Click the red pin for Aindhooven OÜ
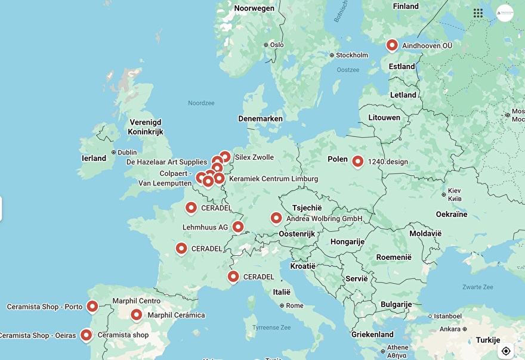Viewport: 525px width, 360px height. click(x=392, y=45)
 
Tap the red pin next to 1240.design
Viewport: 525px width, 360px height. click(x=357, y=161)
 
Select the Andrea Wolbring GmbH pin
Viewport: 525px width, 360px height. click(x=276, y=218)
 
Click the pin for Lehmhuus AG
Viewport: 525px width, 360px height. click(x=238, y=226)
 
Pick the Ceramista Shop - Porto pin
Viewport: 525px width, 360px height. click(x=92, y=306)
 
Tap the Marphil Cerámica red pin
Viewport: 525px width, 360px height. click(x=137, y=315)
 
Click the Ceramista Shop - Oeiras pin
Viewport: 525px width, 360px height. click(x=87, y=335)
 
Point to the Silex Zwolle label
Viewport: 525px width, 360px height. click(x=255, y=157)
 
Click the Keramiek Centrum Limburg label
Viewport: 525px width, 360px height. click(x=273, y=179)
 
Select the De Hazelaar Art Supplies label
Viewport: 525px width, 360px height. click(x=166, y=162)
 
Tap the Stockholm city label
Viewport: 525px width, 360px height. click(x=352, y=55)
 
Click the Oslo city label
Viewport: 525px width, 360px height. click(x=277, y=45)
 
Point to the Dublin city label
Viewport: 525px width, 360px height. click(x=127, y=153)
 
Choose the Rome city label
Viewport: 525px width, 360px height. click(x=295, y=306)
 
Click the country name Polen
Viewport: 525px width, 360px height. click(x=338, y=159)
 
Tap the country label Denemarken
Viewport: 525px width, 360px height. click(x=260, y=119)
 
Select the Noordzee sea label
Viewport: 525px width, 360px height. click(x=201, y=103)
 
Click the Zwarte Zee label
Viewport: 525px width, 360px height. click(x=477, y=287)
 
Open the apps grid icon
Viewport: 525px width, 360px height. click(x=478, y=13)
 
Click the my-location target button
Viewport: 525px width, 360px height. click(x=506, y=350)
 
